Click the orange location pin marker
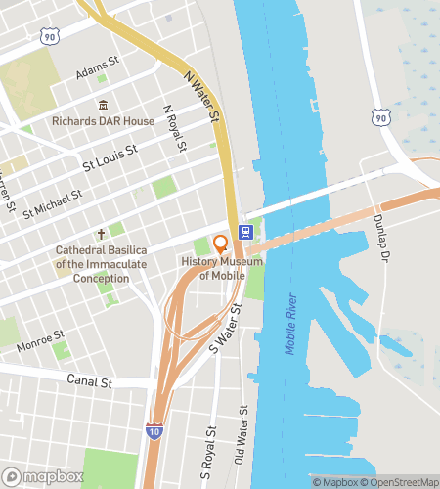[220, 244]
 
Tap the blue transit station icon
[245, 233]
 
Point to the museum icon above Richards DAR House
[102, 106]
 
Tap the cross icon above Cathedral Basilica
[100, 235]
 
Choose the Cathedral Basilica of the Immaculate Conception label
[100, 264]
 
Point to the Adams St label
[97, 72]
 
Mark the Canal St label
[88, 379]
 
